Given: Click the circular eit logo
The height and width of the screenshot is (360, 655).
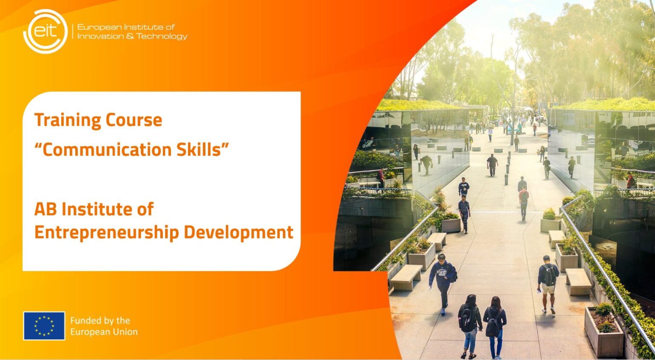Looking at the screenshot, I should (x=45, y=31).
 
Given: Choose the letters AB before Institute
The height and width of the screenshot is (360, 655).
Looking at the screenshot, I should (x=45, y=209).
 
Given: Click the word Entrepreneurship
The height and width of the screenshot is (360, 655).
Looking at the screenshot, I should (x=107, y=233).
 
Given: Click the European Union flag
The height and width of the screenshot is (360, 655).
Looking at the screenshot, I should (x=44, y=326).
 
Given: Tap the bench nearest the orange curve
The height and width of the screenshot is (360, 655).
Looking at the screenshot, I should (x=406, y=276).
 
